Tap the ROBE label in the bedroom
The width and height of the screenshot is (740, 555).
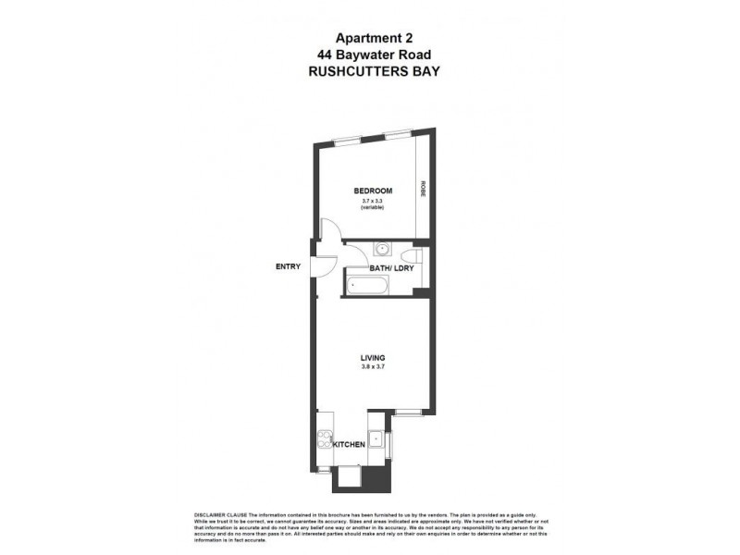(x=422, y=190)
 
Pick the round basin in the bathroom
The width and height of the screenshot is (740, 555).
(x=382, y=248)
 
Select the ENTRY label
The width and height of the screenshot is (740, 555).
(x=289, y=267)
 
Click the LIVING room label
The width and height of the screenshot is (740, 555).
(x=372, y=357)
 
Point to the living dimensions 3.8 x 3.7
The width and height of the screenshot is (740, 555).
(x=372, y=367)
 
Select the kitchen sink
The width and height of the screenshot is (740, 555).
(x=376, y=438)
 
